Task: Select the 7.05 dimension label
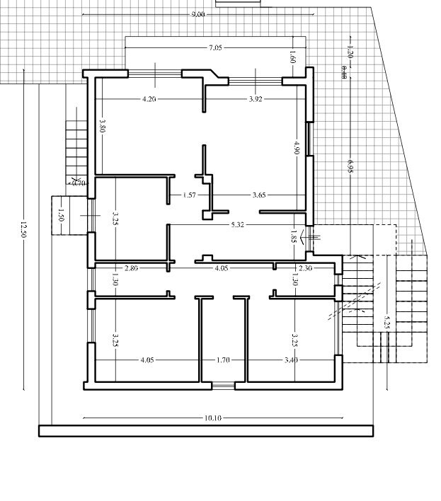pos(215,47)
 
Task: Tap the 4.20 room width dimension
pos(149,99)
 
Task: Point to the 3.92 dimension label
pos(256,99)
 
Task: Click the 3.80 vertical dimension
pos(103,128)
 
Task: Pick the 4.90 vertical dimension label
pos(297,148)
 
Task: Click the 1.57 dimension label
pos(189,195)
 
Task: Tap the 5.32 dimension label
pos(238,225)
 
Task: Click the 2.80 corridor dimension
pos(131,268)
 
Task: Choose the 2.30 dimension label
pos(305,268)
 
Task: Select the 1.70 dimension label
pos(222,360)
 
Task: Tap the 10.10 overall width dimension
pos(212,418)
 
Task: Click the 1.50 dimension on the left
pos(62,215)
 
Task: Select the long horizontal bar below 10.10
pos(205,431)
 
